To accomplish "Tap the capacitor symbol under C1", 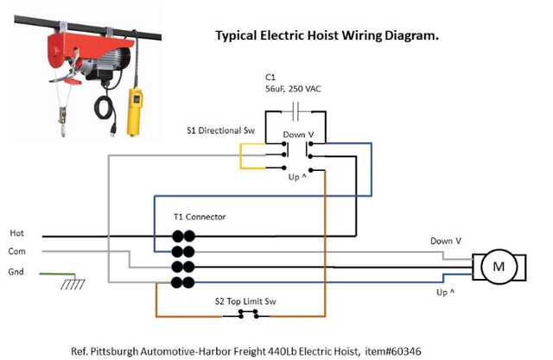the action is [296, 111].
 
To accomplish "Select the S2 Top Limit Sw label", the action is [245, 301].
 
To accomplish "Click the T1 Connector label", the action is [200, 217].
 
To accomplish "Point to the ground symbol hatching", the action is [73, 284].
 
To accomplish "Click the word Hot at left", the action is [16, 233].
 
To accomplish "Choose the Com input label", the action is [17, 251].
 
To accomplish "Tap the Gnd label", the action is [16, 272].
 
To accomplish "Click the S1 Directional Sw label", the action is [220, 130].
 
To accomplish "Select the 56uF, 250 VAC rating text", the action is [293, 89].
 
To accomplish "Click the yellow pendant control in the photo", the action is [135, 112].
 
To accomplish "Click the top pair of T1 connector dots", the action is [183, 236].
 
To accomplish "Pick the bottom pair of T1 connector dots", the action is [182, 283].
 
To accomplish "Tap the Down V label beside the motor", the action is [446, 241].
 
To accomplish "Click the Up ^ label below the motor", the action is [446, 293].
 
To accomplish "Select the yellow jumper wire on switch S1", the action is [240, 156].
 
